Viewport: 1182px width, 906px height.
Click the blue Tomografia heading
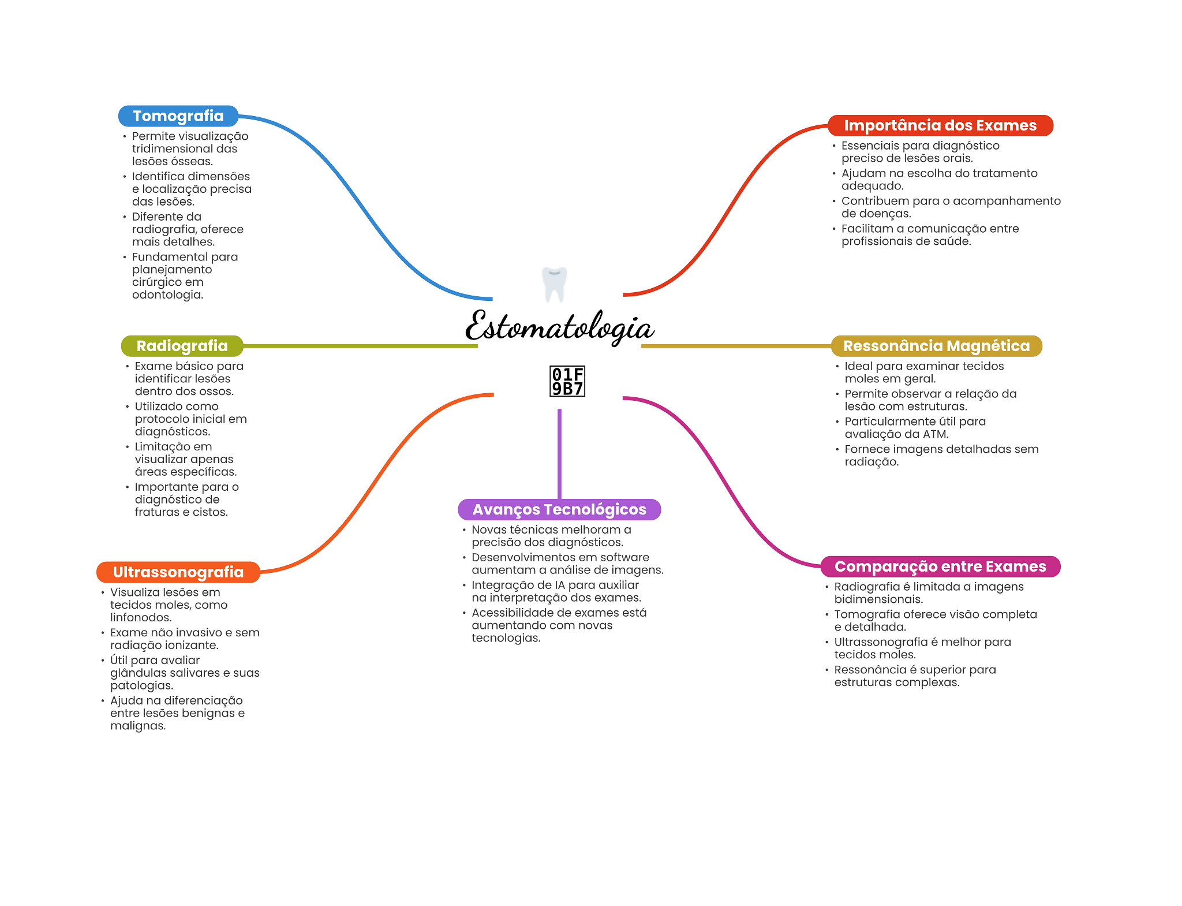[x=178, y=116]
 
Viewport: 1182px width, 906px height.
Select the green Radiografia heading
[x=182, y=346]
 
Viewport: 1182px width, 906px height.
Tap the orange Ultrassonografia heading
[x=178, y=572]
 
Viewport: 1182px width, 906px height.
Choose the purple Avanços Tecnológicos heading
[x=559, y=509]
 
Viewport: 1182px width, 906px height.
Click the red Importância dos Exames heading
[x=940, y=125]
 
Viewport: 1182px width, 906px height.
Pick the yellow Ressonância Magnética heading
[x=936, y=346]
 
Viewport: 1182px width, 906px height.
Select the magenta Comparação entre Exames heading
[x=940, y=566]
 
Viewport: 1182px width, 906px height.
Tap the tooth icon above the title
[x=555, y=284]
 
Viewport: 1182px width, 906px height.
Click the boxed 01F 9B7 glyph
[x=567, y=381]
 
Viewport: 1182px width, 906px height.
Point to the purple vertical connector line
[x=559, y=453]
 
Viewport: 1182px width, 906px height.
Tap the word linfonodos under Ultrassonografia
[x=140, y=617]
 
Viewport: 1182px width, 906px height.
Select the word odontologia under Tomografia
[x=167, y=294]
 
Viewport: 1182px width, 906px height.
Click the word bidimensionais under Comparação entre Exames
[x=878, y=599]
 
